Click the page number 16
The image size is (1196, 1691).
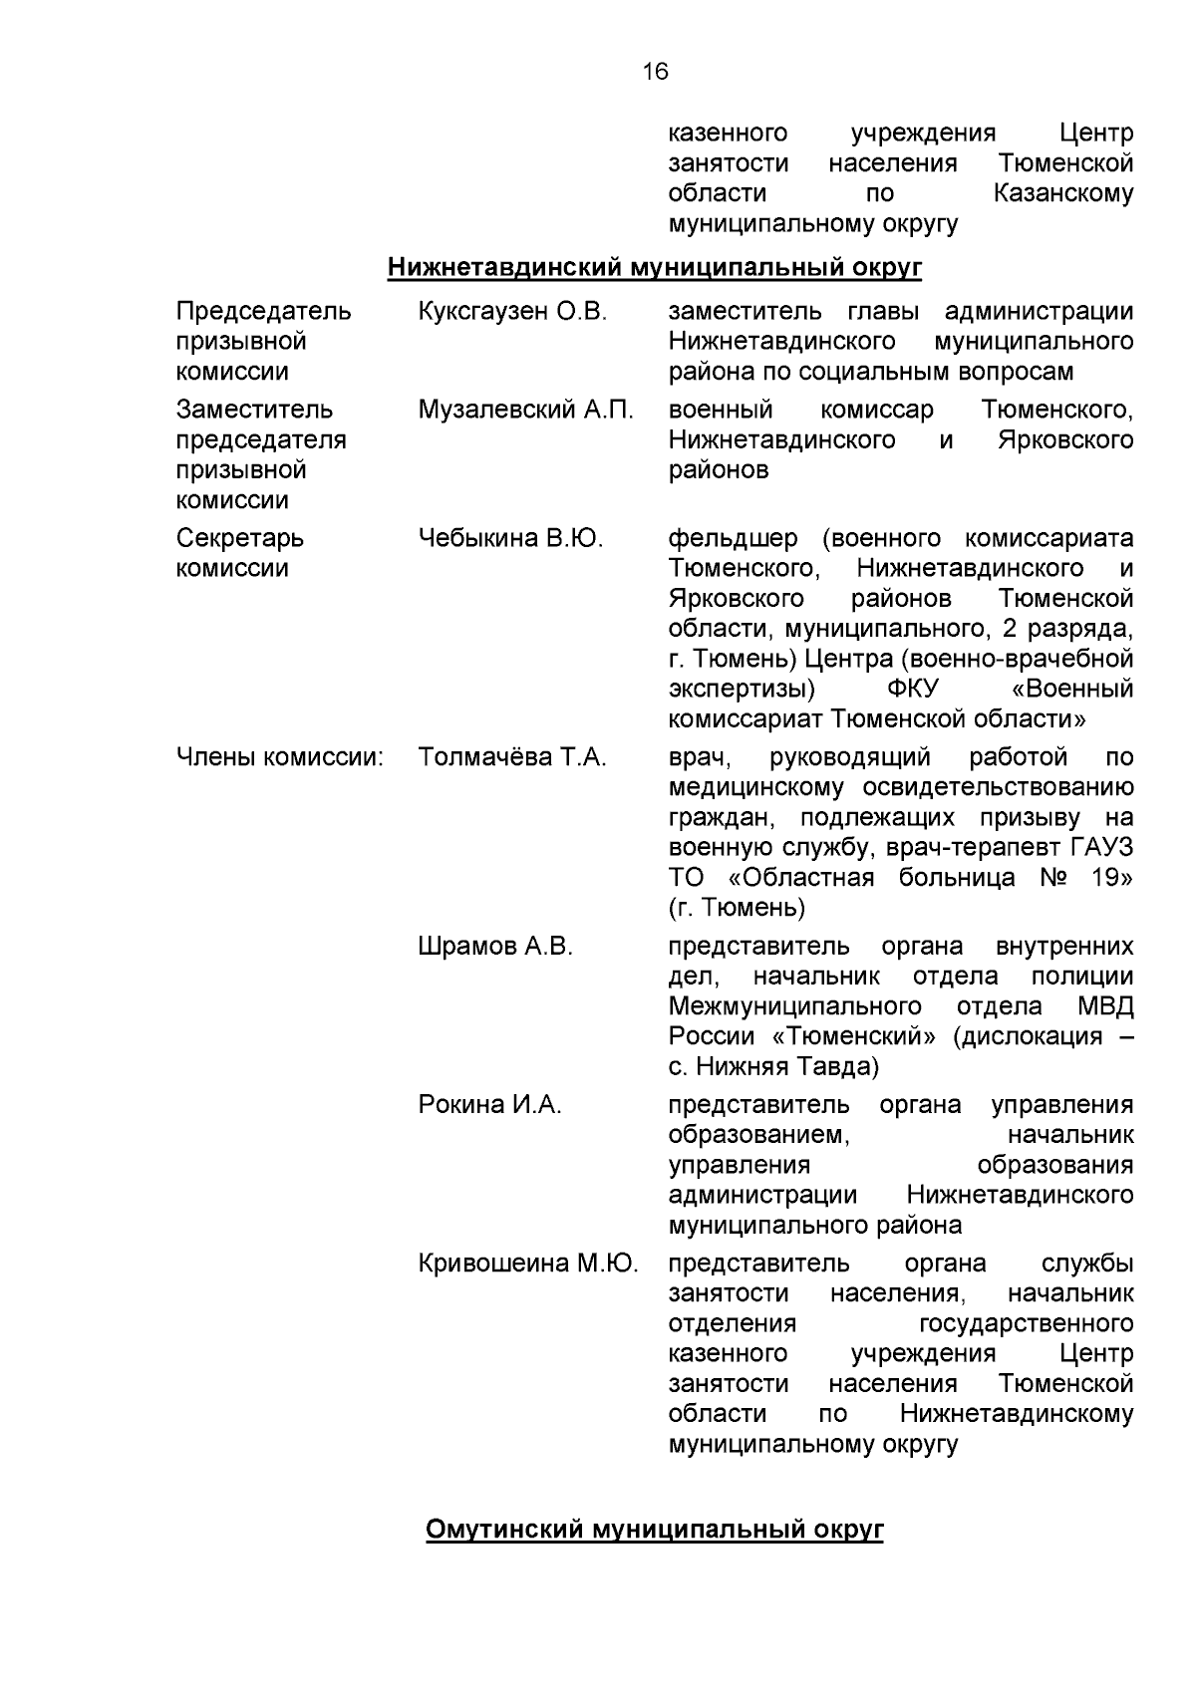655,72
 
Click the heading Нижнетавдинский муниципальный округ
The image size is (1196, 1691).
654,268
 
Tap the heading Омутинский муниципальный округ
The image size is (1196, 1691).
654,1530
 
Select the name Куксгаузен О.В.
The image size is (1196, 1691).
512,312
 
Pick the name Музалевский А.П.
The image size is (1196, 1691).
525,410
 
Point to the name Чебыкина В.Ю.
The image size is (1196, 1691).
510,539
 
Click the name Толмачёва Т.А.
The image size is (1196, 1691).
512,757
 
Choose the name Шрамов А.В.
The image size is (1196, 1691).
495,946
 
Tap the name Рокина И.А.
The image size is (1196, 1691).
489,1105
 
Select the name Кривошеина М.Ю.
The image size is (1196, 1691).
528,1264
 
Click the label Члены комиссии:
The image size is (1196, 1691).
280,757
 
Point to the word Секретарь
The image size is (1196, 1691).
239,539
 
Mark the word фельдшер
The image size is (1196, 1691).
733,539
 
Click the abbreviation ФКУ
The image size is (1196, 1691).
913,690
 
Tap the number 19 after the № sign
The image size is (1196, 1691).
1113,878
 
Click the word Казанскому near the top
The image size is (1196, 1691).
1062,193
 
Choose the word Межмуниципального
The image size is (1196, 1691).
794,1005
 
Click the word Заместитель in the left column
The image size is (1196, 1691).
254,410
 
